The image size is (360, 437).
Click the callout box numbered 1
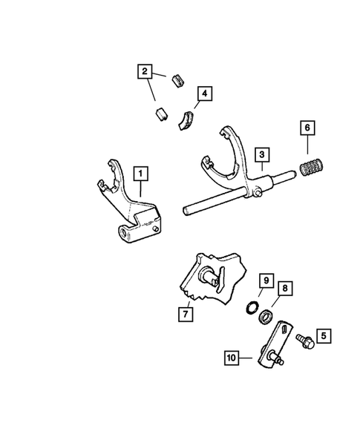[x=139, y=174]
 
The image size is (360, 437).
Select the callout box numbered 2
[x=144, y=72]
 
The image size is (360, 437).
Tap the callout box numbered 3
[x=262, y=154]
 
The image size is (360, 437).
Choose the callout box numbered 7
[x=183, y=314]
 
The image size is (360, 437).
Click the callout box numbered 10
[x=232, y=357]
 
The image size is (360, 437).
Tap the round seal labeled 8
[x=265, y=318]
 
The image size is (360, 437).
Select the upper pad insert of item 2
[x=177, y=78]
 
